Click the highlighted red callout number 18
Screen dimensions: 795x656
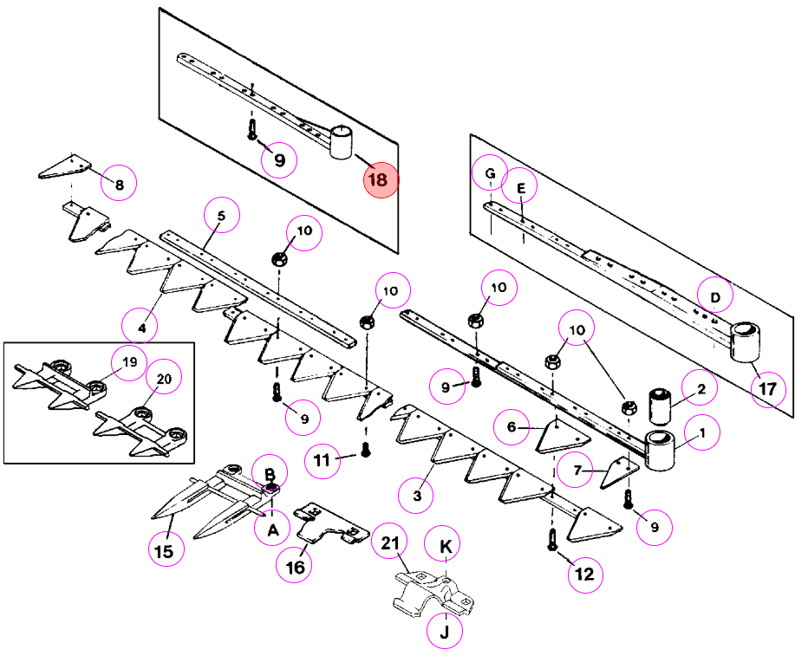point(381,180)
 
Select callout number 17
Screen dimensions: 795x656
point(768,389)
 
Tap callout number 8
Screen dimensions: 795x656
point(119,183)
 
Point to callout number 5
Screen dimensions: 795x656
point(222,216)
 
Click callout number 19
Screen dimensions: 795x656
point(130,363)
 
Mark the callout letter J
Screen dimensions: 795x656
point(445,631)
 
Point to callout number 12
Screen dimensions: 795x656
point(585,575)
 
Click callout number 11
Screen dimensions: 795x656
point(323,460)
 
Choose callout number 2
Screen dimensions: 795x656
point(700,388)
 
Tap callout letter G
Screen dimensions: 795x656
point(490,172)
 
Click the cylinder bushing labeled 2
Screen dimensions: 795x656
point(660,406)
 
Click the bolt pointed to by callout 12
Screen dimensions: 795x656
point(552,539)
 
